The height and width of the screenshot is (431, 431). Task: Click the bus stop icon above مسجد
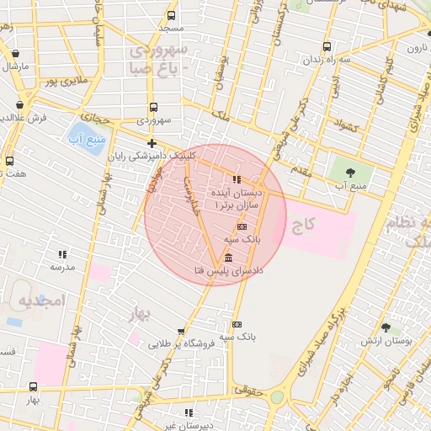pos(172,15)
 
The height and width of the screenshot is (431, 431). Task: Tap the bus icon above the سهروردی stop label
pos(153,107)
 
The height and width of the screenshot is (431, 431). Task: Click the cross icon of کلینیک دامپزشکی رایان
pos(152,143)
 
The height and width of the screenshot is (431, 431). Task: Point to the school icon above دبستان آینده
pos(237,179)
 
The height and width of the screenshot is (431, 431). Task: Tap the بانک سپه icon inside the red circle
pos(242,226)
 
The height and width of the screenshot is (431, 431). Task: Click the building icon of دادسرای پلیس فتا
pos(228,257)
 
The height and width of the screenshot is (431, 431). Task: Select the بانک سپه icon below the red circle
pos(237,324)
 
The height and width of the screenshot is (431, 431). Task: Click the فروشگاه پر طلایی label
pos(176,343)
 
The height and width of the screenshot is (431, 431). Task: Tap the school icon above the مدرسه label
pos(62,253)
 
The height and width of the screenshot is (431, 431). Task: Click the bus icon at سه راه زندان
pos(327,47)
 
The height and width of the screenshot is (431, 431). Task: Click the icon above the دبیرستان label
pos(189,412)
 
